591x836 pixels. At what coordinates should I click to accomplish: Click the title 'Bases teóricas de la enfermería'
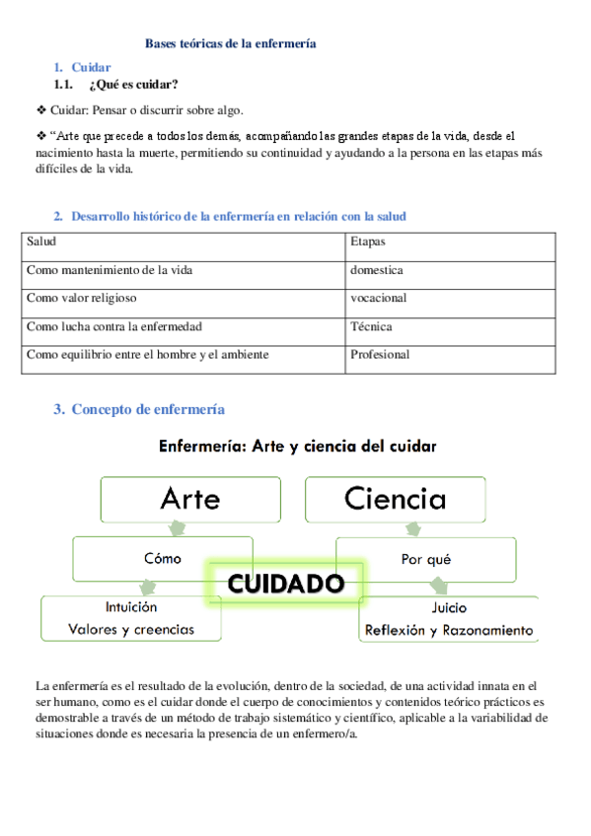point(230,44)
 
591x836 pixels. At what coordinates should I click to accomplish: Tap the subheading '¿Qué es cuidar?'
point(140,84)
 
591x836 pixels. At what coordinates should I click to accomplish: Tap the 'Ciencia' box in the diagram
point(395,499)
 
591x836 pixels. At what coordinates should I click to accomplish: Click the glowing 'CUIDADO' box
point(286,584)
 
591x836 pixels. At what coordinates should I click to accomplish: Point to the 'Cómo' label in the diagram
point(163,558)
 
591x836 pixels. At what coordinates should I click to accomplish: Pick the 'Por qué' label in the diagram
point(426,559)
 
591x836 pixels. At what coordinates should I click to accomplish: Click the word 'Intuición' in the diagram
point(131,607)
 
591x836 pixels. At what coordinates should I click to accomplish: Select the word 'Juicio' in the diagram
point(449,608)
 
